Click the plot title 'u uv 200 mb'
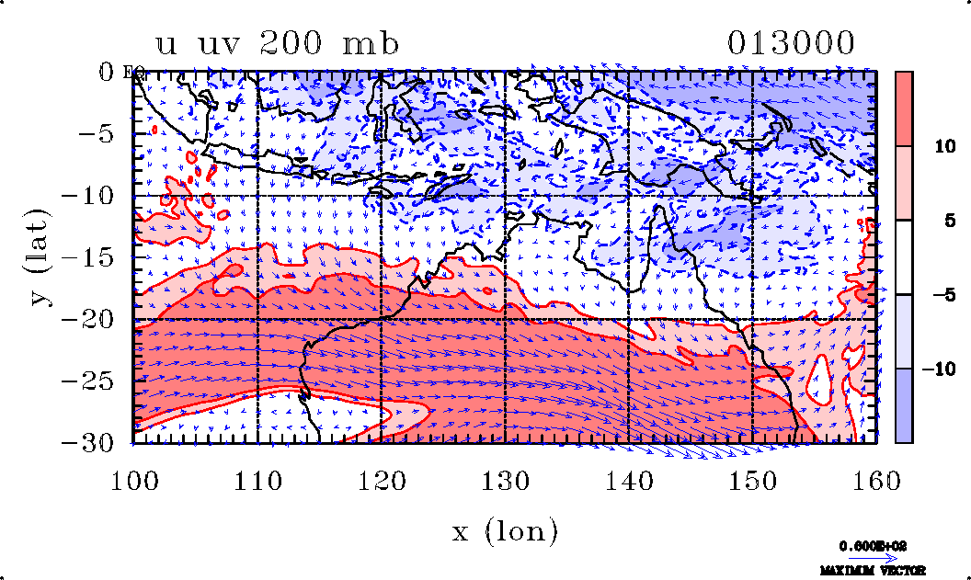[278, 44]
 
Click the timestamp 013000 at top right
[791, 43]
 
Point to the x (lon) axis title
[505, 530]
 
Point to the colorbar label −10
[936, 369]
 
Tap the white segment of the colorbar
[904, 257]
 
